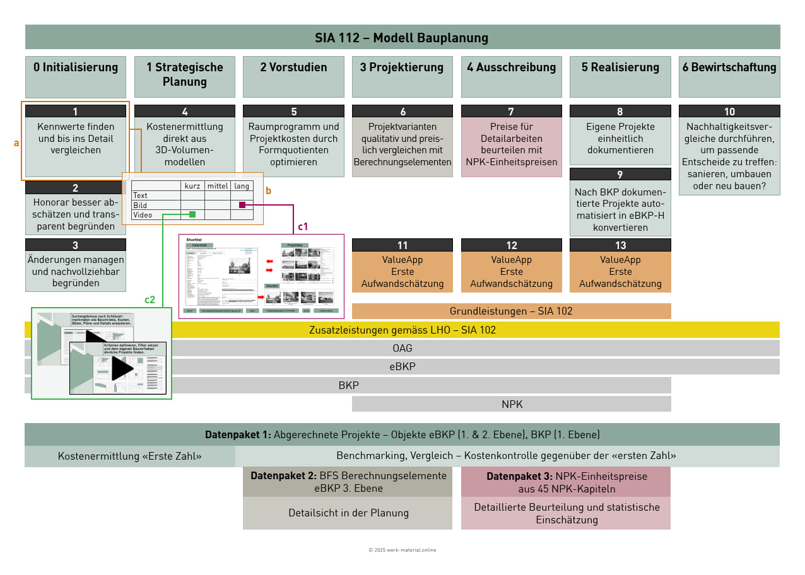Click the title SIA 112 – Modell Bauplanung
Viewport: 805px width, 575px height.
(x=402, y=37)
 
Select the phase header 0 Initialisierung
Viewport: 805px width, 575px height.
(x=76, y=67)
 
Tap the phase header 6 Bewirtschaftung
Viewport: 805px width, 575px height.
(x=729, y=67)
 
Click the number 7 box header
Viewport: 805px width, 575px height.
(x=511, y=112)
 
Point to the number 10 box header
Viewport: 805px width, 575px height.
(x=729, y=112)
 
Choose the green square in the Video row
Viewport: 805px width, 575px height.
(x=192, y=215)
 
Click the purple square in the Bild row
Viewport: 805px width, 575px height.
(x=242, y=205)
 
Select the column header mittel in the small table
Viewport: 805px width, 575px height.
(x=217, y=186)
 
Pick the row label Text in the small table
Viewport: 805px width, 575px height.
(x=140, y=195)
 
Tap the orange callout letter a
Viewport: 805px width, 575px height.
(x=16, y=143)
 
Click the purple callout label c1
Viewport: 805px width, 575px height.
(x=303, y=226)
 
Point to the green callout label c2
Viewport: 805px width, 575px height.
(x=150, y=299)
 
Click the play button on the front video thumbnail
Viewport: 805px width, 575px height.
(x=122, y=368)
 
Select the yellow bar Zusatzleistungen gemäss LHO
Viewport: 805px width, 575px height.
(x=402, y=330)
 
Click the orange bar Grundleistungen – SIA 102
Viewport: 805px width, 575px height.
(x=511, y=311)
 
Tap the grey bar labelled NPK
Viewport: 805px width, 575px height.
(x=512, y=404)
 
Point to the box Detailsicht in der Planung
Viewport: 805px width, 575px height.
(x=348, y=513)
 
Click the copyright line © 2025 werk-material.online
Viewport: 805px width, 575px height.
(x=402, y=550)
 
